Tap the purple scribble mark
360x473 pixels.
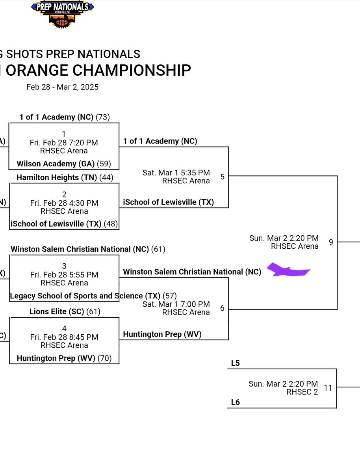coord(288,270)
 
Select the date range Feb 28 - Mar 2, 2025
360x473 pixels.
coord(63,87)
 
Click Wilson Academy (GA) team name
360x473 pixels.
coord(55,163)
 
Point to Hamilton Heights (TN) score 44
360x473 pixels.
coord(105,178)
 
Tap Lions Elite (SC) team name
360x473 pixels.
coord(57,312)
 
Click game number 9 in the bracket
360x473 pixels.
coord(331,242)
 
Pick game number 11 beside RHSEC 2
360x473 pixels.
coord(328,388)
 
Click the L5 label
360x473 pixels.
coord(235,363)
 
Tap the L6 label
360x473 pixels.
coord(235,402)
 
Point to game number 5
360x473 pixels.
coord(223,177)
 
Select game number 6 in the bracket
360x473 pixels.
coord(223,308)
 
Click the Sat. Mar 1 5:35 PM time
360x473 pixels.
coord(176,173)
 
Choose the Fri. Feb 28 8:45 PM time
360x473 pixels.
coord(64,337)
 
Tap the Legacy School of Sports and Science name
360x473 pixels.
coord(77,296)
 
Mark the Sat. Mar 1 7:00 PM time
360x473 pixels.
coord(176,304)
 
